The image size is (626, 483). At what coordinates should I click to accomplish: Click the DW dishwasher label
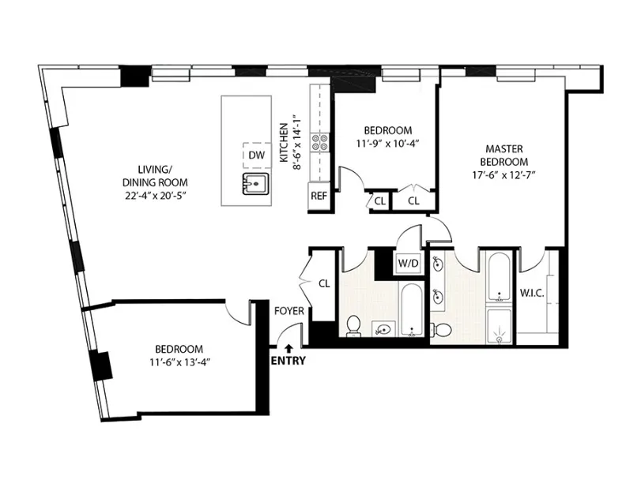point(256,155)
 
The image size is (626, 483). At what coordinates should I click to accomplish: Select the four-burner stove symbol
point(320,142)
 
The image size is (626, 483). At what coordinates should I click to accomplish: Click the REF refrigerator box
point(319,196)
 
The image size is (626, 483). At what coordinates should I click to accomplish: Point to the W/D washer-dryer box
point(407,262)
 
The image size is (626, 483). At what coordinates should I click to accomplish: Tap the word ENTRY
point(288,361)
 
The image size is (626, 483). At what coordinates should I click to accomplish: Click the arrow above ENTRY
point(288,346)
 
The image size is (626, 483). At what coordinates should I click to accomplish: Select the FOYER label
point(289,311)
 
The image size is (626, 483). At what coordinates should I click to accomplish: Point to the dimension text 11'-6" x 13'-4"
point(178,362)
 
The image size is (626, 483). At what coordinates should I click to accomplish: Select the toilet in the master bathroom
point(445,328)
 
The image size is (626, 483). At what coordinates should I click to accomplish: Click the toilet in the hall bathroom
point(354,324)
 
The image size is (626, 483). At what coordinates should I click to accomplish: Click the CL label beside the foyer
point(323,283)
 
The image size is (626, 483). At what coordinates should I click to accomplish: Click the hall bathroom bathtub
point(411,312)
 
